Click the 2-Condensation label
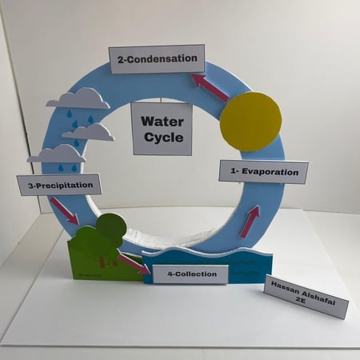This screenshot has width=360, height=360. pyautogui.click(x=157, y=59)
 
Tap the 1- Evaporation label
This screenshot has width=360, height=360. pyautogui.click(x=264, y=172)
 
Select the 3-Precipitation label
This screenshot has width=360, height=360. pyautogui.click(x=59, y=185)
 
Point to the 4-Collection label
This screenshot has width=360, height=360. pyautogui.click(x=190, y=274)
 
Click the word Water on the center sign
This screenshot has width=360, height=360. pyautogui.click(x=162, y=122)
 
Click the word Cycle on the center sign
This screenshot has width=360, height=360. pyautogui.click(x=164, y=138)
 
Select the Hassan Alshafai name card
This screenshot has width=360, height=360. pyautogui.click(x=306, y=296)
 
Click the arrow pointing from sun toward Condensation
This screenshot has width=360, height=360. pyautogui.click(x=210, y=87)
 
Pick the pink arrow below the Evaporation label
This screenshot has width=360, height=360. pyautogui.click(x=250, y=221)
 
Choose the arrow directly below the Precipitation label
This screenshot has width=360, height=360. pyautogui.click(x=65, y=210)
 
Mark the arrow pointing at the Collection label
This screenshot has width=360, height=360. pyautogui.click(x=134, y=264)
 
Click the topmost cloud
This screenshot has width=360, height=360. pyautogui.click(x=78, y=99)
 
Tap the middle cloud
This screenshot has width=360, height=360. pyautogui.click(x=89, y=132)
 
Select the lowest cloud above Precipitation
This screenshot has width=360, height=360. pyautogui.click(x=57, y=154)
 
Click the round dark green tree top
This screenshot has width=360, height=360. pyautogui.click(x=111, y=229)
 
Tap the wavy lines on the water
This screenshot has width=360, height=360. pyautogui.click(x=244, y=267)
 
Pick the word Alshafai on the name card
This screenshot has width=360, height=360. pyautogui.click(x=318, y=298)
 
